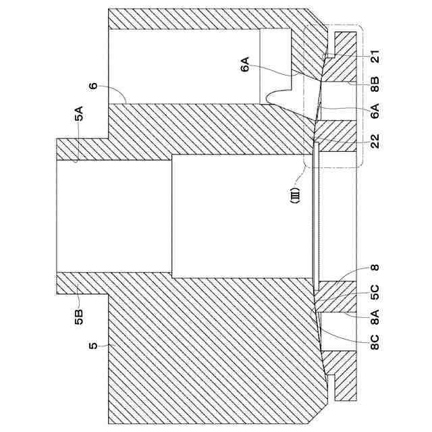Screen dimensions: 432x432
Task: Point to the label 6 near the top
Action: (92, 86)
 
